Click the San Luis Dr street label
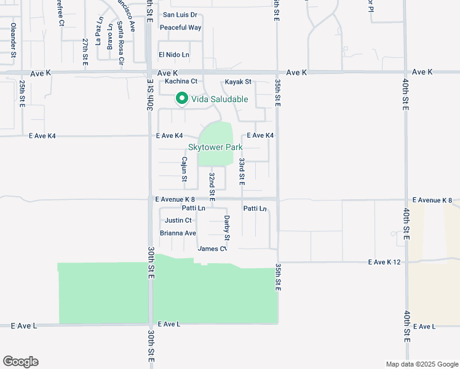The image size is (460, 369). coord(180,14)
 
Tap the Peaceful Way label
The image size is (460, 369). coord(180,28)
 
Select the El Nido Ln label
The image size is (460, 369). coord(173,55)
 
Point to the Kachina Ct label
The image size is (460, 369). coord(181,81)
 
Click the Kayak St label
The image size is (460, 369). coord(238,82)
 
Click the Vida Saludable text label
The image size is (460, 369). coord(220,99)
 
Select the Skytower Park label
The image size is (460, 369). coord(215,148)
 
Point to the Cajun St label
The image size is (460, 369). coord(184,169)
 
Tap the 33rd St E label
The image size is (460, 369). coord(242,172)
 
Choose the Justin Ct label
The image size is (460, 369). coord(178,220)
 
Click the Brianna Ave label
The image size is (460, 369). coord(178,233)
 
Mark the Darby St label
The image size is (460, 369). coord(226,228)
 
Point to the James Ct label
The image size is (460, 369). coord(212,248)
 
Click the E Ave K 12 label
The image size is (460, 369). coord(384,262)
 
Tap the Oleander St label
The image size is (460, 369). coord(13,41)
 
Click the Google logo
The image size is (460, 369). coord(20,362)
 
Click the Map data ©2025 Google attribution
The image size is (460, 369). coord(421,364)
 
